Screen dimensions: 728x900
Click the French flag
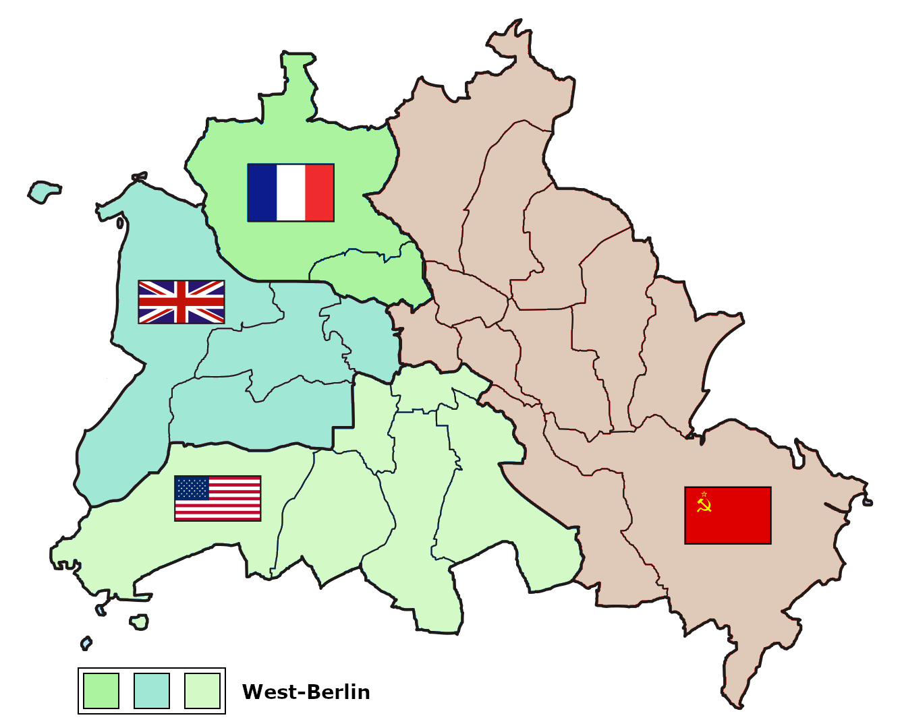tap(291, 193)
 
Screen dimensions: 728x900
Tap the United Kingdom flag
tap(181, 302)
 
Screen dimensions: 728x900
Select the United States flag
tap(218, 498)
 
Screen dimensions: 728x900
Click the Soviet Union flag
tap(728, 515)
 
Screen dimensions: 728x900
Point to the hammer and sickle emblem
tap(704, 503)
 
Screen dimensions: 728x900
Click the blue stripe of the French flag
tap(262, 193)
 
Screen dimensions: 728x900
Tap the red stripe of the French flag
tap(320, 193)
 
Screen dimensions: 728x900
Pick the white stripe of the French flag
tap(291, 193)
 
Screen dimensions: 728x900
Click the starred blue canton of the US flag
tap(192, 487)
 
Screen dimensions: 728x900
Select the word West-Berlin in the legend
tap(306, 692)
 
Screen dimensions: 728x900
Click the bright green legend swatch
tap(101, 691)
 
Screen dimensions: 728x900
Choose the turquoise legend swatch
tap(152, 691)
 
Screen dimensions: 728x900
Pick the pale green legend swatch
tap(202, 691)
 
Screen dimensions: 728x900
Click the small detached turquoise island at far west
tap(45, 191)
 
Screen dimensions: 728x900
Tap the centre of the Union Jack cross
tap(181, 302)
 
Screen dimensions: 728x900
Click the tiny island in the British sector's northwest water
tap(120, 222)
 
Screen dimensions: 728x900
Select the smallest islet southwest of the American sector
tap(86, 643)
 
